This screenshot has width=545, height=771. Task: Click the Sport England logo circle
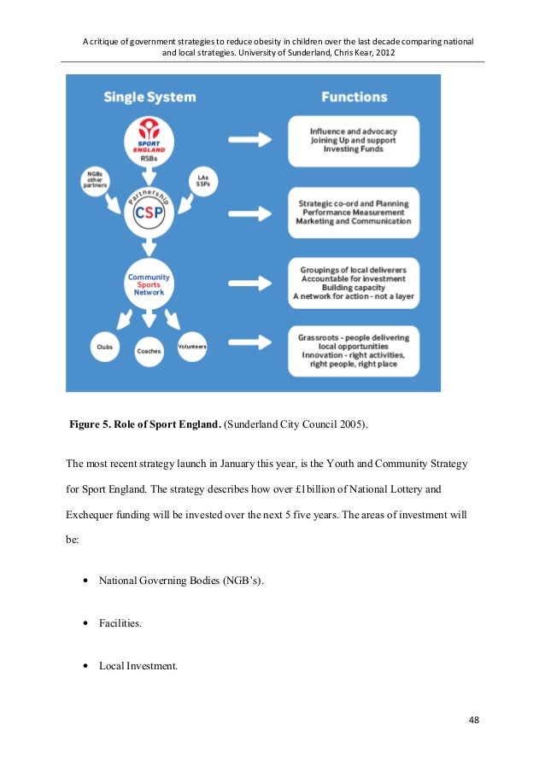[149, 140]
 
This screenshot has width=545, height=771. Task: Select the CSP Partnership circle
[149, 212]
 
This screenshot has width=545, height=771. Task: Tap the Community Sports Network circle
[149, 283]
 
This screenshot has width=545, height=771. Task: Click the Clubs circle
[104, 348]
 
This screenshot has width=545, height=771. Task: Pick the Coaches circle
[149, 351]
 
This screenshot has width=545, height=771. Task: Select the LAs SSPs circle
[202, 180]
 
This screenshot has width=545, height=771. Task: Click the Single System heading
[149, 96]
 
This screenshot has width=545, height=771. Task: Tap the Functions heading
[354, 96]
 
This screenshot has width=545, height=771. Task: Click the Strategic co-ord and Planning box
[353, 213]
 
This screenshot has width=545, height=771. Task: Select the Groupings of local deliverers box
[353, 283]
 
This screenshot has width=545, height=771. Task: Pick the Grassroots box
[353, 351]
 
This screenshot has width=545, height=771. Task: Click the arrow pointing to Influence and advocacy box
[251, 138]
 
